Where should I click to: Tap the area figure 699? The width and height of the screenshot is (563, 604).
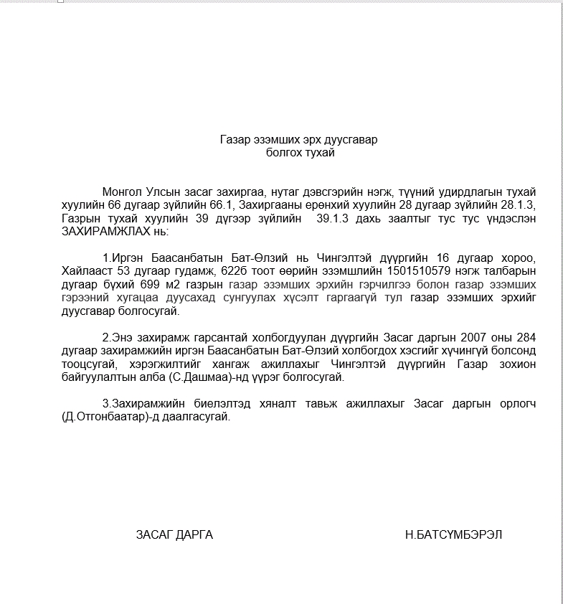160,286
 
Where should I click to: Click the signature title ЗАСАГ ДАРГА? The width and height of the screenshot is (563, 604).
174,535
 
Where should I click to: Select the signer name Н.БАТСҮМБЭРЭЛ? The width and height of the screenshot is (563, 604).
454,535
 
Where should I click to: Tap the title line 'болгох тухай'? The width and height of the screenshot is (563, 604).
299,152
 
